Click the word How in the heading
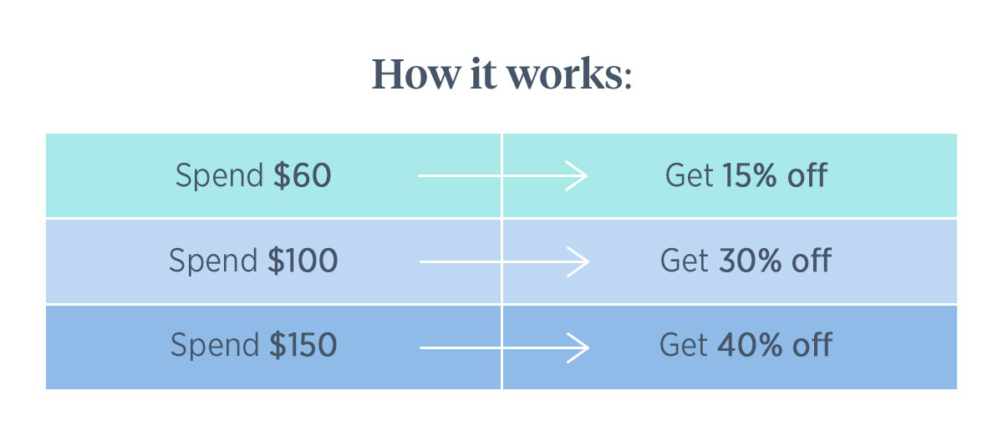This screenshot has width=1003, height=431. tap(416, 74)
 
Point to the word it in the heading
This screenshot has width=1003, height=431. tap(483, 74)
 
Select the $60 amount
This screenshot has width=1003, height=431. tap(303, 175)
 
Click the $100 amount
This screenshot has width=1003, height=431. tap(303, 261)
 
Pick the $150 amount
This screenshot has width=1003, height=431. tap(303, 345)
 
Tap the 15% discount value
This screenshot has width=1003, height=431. tap(750, 175)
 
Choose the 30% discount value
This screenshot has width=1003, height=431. tap(750, 261)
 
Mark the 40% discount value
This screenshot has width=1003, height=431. tap(750, 345)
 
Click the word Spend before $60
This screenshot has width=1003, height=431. tap(219, 177)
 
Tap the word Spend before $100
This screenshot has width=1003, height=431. tap(213, 261)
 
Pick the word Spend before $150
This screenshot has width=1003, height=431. tap(215, 347)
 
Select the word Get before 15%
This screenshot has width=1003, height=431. tap(689, 175)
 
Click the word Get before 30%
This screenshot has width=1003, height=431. tap(685, 261)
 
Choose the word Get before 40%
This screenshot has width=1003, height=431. tap(684, 345)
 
